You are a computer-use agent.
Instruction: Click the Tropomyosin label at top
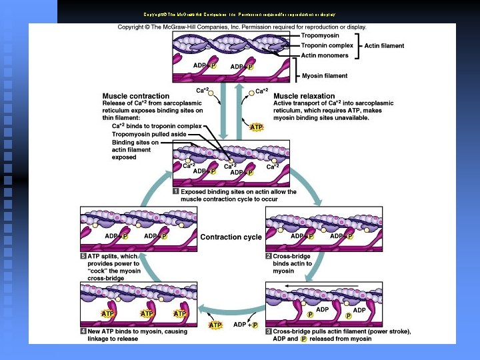tap(321, 35)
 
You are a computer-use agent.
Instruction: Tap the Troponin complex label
tap(327, 45)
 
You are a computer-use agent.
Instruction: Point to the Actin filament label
tap(383, 45)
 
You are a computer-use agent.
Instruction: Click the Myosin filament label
tap(325, 76)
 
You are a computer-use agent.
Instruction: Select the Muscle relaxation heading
tap(304, 96)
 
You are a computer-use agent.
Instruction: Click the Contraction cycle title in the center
tap(231, 237)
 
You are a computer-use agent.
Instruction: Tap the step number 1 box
tap(176, 191)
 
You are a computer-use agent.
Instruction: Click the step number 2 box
tap(269, 256)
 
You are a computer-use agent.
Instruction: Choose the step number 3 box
tap(269, 331)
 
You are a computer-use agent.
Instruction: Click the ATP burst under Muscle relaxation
tap(256, 127)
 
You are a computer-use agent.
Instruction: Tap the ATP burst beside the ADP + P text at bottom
tap(215, 325)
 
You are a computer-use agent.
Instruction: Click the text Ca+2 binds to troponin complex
tap(156, 125)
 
